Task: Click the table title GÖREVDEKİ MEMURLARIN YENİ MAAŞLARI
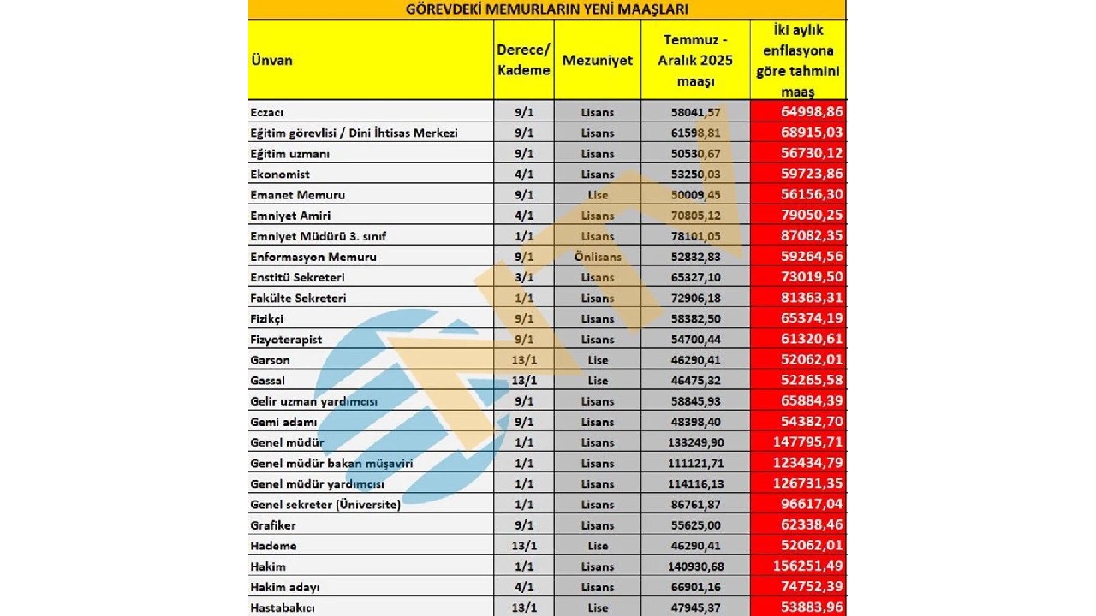tap(546, 9)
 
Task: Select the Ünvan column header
tap(272, 60)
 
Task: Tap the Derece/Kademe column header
tap(523, 60)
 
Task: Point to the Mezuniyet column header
tap(598, 60)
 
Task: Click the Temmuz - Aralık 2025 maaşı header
tap(694, 60)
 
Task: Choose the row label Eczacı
tap(267, 112)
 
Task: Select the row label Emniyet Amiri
tap(290, 216)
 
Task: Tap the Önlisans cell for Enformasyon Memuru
tap(598, 257)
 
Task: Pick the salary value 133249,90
tap(694, 442)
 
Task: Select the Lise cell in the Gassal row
tap(598, 381)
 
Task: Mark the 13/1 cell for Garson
tap(523, 360)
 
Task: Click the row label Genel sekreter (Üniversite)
tap(325, 505)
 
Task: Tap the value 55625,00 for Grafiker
tap(694, 525)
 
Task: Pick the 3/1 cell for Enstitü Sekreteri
tap(523, 277)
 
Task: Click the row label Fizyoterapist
tap(286, 340)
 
